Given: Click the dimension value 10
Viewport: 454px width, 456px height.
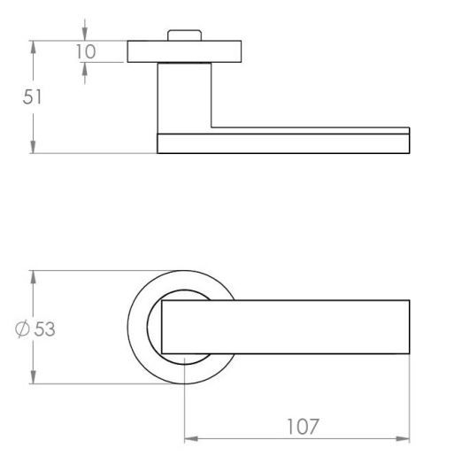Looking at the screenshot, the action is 86,51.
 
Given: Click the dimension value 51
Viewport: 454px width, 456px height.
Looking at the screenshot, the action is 32,97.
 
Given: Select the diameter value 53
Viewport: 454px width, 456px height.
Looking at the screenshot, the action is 44,329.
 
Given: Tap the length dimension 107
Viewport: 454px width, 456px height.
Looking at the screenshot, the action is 303,427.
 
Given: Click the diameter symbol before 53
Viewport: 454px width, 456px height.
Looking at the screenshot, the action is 22,329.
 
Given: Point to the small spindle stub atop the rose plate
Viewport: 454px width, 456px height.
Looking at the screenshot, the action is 185,35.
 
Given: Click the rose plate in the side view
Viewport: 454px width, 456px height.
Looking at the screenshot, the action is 184,51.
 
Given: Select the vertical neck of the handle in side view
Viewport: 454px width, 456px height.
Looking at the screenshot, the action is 185,98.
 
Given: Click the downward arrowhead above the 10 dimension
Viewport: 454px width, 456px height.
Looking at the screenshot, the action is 85,34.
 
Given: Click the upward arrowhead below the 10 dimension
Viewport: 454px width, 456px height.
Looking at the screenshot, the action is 85,69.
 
